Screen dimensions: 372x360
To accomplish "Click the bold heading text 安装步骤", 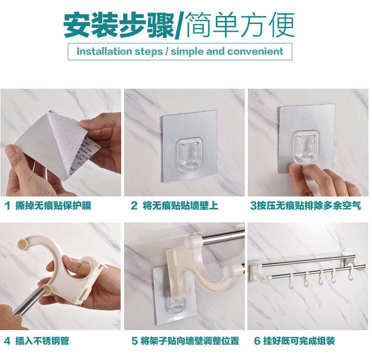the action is click(119, 25).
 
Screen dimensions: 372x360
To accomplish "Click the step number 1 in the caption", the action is click(7, 205).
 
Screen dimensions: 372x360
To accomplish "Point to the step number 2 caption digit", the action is click(134, 205).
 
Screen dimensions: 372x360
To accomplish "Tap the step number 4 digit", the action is click(7, 341).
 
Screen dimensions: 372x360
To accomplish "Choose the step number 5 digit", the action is click(135, 341).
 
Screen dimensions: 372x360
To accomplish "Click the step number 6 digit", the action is click(257, 341).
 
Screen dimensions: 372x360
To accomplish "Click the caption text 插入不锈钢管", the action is click(42, 341).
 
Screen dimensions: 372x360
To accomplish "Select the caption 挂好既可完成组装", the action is click(299, 341).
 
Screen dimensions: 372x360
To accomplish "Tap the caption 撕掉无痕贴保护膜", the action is click(53, 205).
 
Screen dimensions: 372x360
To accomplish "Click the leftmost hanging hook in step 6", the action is click(291, 281).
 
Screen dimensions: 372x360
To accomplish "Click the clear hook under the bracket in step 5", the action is click(175, 302).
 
